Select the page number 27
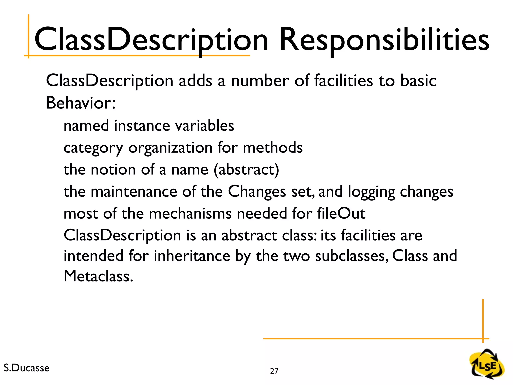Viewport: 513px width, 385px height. [274, 371]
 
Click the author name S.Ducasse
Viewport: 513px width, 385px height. [27, 368]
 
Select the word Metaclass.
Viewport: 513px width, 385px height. [98, 276]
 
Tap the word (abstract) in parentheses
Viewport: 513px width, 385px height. [246, 170]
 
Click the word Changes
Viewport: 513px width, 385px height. [257, 192]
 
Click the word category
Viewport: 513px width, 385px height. [93, 148]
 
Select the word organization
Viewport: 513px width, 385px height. [170, 148]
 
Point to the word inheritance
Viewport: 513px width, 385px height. [192, 256]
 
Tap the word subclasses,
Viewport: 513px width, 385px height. [351, 256]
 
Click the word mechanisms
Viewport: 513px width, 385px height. [190, 213]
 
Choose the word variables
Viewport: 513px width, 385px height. [205, 125]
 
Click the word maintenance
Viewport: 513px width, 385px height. [134, 192]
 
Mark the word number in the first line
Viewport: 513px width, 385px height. [260, 81]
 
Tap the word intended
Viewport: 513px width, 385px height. [93, 256]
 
